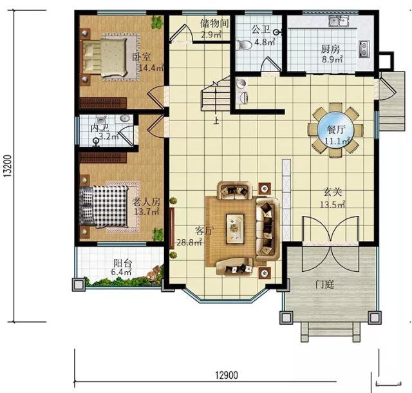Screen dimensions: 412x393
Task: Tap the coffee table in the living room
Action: pos(235,227)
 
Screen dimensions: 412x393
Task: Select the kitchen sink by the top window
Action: pos(339,21)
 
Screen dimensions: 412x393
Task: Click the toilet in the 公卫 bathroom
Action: pos(244,45)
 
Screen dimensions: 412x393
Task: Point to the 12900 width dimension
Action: pos(227,375)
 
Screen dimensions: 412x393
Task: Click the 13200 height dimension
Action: pos(8,166)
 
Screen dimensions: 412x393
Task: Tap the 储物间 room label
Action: pos(214,24)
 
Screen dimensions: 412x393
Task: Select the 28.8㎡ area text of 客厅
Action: pos(189,242)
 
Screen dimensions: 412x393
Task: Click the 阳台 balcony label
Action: pos(122,263)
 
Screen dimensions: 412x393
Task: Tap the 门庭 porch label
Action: pos(324,284)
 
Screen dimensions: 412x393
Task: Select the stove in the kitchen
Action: pos(364,49)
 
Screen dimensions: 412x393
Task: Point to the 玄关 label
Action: pos(332,192)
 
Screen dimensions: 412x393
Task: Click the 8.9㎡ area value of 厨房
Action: pos(332,59)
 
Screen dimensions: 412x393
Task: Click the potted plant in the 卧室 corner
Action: pos(157,23)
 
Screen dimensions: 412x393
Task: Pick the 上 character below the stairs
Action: pos(216,120)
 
